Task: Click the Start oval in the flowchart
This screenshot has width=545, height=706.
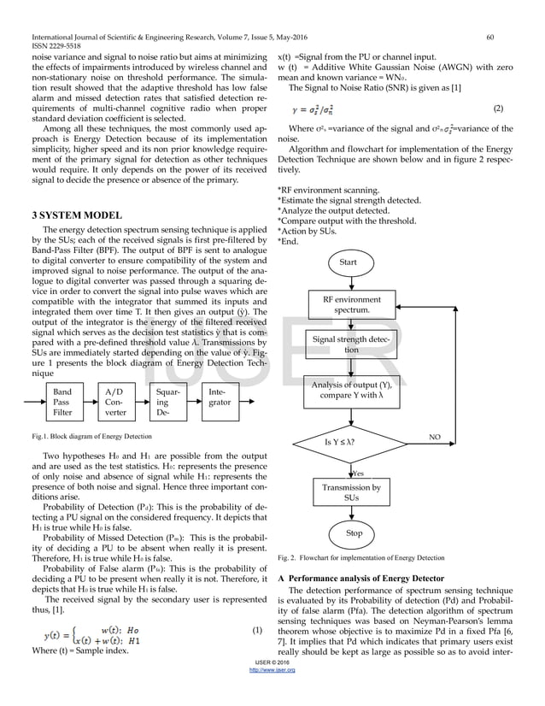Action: pyautogui.click(x=348, y=262)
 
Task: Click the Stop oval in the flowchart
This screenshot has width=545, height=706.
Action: pyautogui.click(x=353, y=533)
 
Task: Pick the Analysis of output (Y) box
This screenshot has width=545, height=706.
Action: pyautogui.click(x=351, y=391)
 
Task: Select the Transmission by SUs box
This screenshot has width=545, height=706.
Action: pyautogui.click(x=351, y=491)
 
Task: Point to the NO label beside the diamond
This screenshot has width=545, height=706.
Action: pyautogui.click(x=435, y=436)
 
